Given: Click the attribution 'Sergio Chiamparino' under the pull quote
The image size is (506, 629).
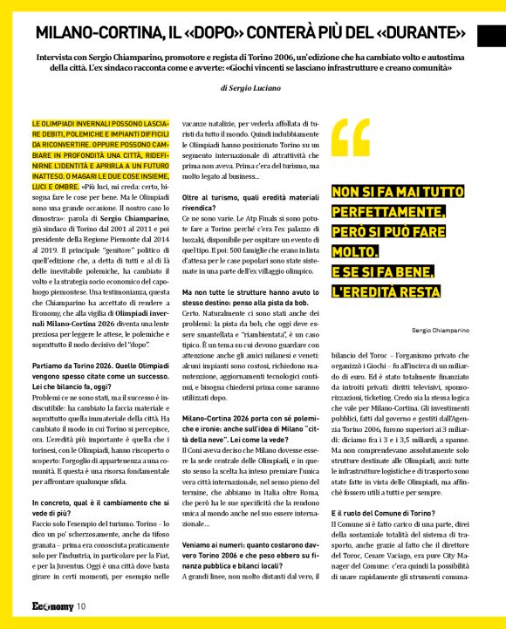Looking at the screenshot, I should (x=441, y=331).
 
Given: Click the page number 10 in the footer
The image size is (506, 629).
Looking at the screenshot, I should (x=80, y=606).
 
